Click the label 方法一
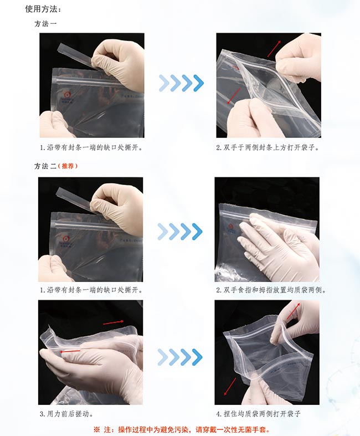coord(45,24)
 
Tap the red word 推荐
coord(68,166)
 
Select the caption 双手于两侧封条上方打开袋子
coord(270,148)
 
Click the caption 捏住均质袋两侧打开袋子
coord(262,414)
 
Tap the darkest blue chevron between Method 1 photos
coord(198,83)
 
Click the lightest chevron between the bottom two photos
coord(163,357)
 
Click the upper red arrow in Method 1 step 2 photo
coord(274,48)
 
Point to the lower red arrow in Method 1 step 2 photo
coord(234,96)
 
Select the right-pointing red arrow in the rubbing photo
coord(114,322)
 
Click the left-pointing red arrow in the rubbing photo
coord(70,351)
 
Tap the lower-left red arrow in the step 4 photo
coord(230,387)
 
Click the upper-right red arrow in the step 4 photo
coord(294,311)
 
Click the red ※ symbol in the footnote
coord(97,430)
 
